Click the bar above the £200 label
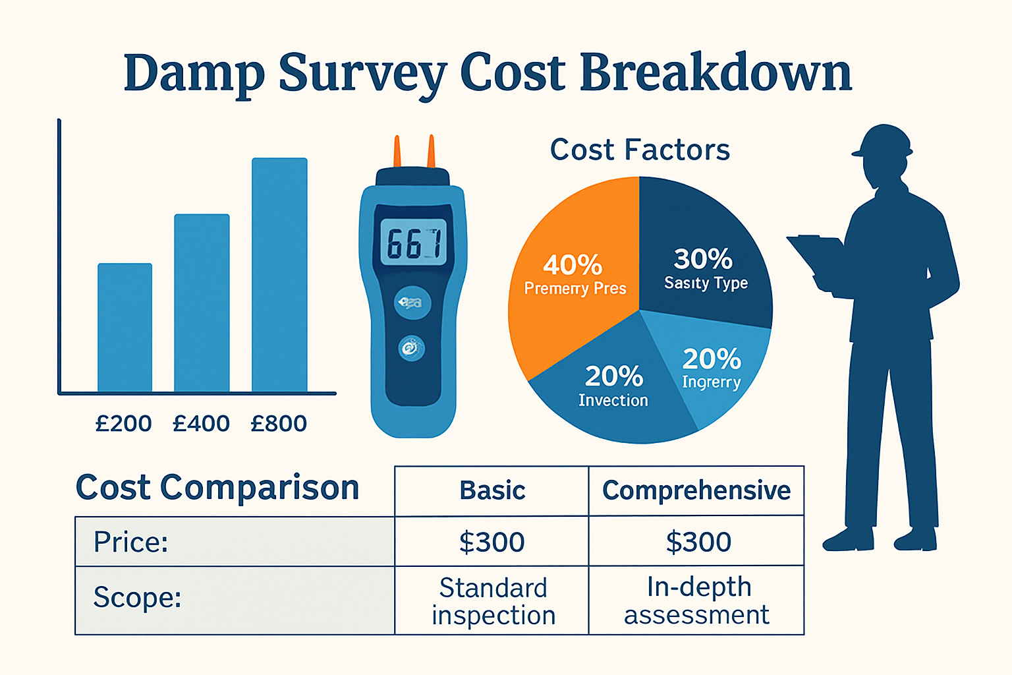(x=125, y=328)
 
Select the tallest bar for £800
(x=279, y=275)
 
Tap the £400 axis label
(x=201, y=423)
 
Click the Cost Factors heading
(x=640, y=150)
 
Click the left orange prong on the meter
(x=397, y=152)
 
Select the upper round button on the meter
(x=412, y=303)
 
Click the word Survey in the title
(x=362, y=73)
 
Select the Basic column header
(x=492, y=490)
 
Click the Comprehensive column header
(x=696, y=490)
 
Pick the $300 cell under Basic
(x=492, y=542)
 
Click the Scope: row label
(x=137, y=598)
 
